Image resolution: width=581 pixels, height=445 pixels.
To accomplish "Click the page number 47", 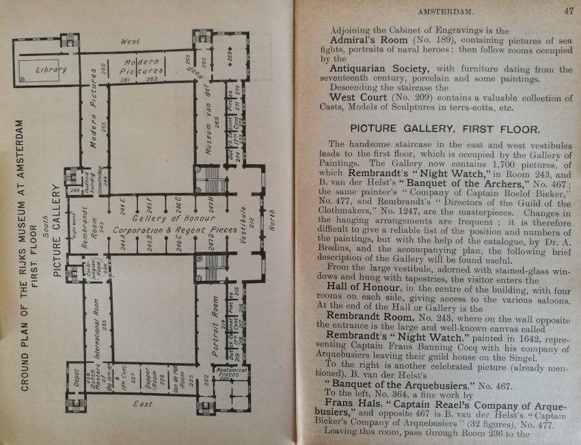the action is [568, 10].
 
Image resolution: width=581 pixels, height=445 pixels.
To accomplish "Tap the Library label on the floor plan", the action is [51, 70].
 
